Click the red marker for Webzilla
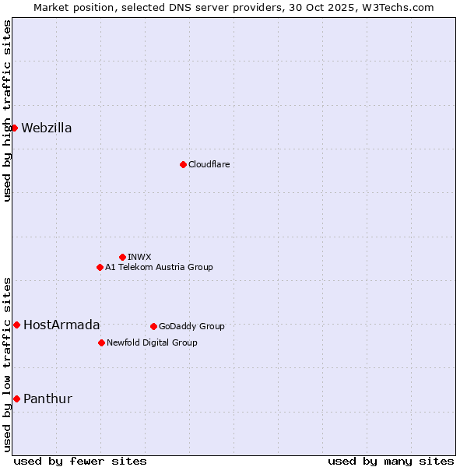[x=14, y=128]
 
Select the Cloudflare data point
[x=183, y=164]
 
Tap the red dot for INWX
[x=122, y=257]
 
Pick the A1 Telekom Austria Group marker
[x=100, y=267]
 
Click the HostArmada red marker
[x=16, y=325]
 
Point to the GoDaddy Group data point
[x=153, y=326]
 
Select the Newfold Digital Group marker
[x=101, y=342]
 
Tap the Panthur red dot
[x=16, y=399]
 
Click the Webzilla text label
[x=47, y=128]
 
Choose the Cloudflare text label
[x=209, y=164]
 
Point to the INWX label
[x=139, y=257]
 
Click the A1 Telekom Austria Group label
[x=159, y=267]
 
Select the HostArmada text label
[x=61, y=325]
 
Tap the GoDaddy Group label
[x=191, y=326]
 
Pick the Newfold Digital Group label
[x=152, y=342]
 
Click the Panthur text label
[x=47, y=399]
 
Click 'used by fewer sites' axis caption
[x=80, y=461]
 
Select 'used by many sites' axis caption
[x=391, y=461]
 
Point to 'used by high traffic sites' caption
[x=7, y=111]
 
